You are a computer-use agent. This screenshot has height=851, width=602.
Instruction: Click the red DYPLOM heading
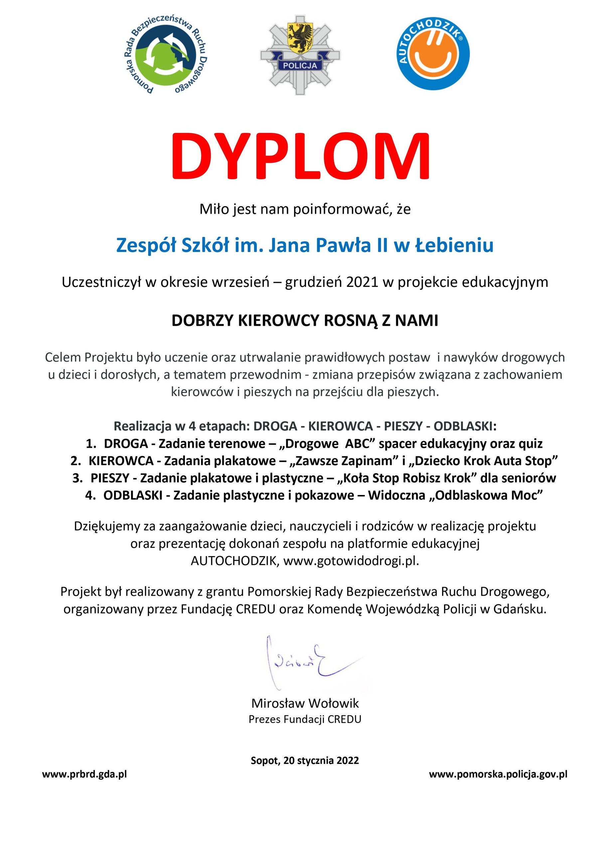300,157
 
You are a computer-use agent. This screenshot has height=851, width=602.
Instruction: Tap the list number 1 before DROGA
90,444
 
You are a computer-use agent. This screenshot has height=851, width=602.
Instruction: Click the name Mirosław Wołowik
305,703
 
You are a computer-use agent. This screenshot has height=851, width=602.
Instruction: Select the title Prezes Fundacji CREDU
305,719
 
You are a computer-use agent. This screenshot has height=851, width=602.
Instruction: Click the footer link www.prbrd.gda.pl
84,774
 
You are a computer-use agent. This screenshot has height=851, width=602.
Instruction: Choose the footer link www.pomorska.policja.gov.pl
498,774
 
